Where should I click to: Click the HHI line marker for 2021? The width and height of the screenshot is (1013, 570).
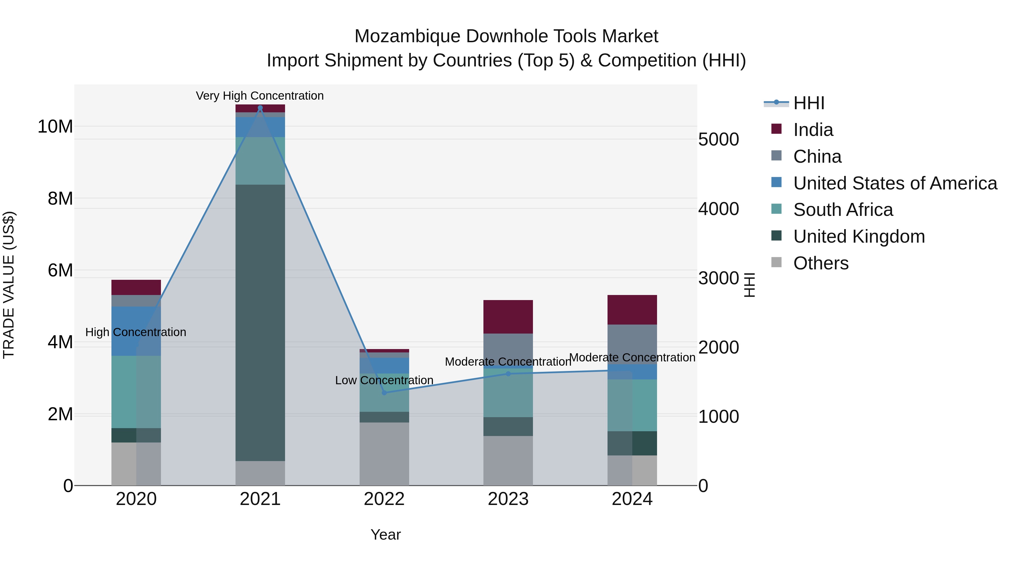[260, 108]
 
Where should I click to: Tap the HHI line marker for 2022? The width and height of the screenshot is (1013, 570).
[384, 393]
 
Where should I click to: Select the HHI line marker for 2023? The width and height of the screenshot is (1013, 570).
[508, 374]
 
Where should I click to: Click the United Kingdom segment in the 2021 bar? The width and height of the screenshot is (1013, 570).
[260, 323]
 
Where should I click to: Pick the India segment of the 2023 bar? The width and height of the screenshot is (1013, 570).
[508, 317]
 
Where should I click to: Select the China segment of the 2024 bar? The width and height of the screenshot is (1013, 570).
[632, 344]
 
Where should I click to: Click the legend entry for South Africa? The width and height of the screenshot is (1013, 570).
[843, 210]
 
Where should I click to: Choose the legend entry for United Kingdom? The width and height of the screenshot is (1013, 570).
[859, 236]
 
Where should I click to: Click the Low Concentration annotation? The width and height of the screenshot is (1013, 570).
[384, 380]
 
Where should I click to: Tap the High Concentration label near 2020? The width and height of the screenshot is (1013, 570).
[136, 332]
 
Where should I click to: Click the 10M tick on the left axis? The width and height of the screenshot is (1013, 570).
[55, 127]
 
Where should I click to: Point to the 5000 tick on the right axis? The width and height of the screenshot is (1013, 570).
[718, 140]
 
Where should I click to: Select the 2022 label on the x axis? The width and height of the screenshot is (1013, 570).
[384, 499]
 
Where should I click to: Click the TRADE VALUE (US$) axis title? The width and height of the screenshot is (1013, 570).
[9, 285]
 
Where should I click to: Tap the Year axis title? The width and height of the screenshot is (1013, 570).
[386, 535]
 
